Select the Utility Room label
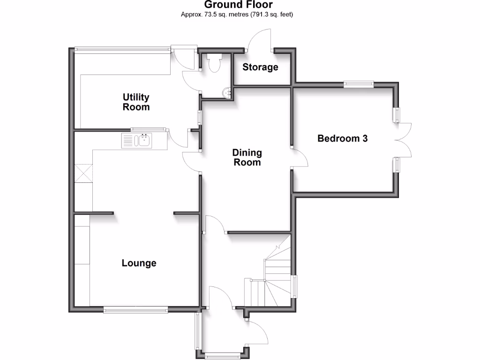136,102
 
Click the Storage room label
260,67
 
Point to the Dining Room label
247,157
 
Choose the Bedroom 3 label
342,139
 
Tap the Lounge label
139,263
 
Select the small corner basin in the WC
228,93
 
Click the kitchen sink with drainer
137,140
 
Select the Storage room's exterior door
260,39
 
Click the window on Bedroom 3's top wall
359,84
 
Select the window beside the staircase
295,286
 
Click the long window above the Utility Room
123,48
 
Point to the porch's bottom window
223,355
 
